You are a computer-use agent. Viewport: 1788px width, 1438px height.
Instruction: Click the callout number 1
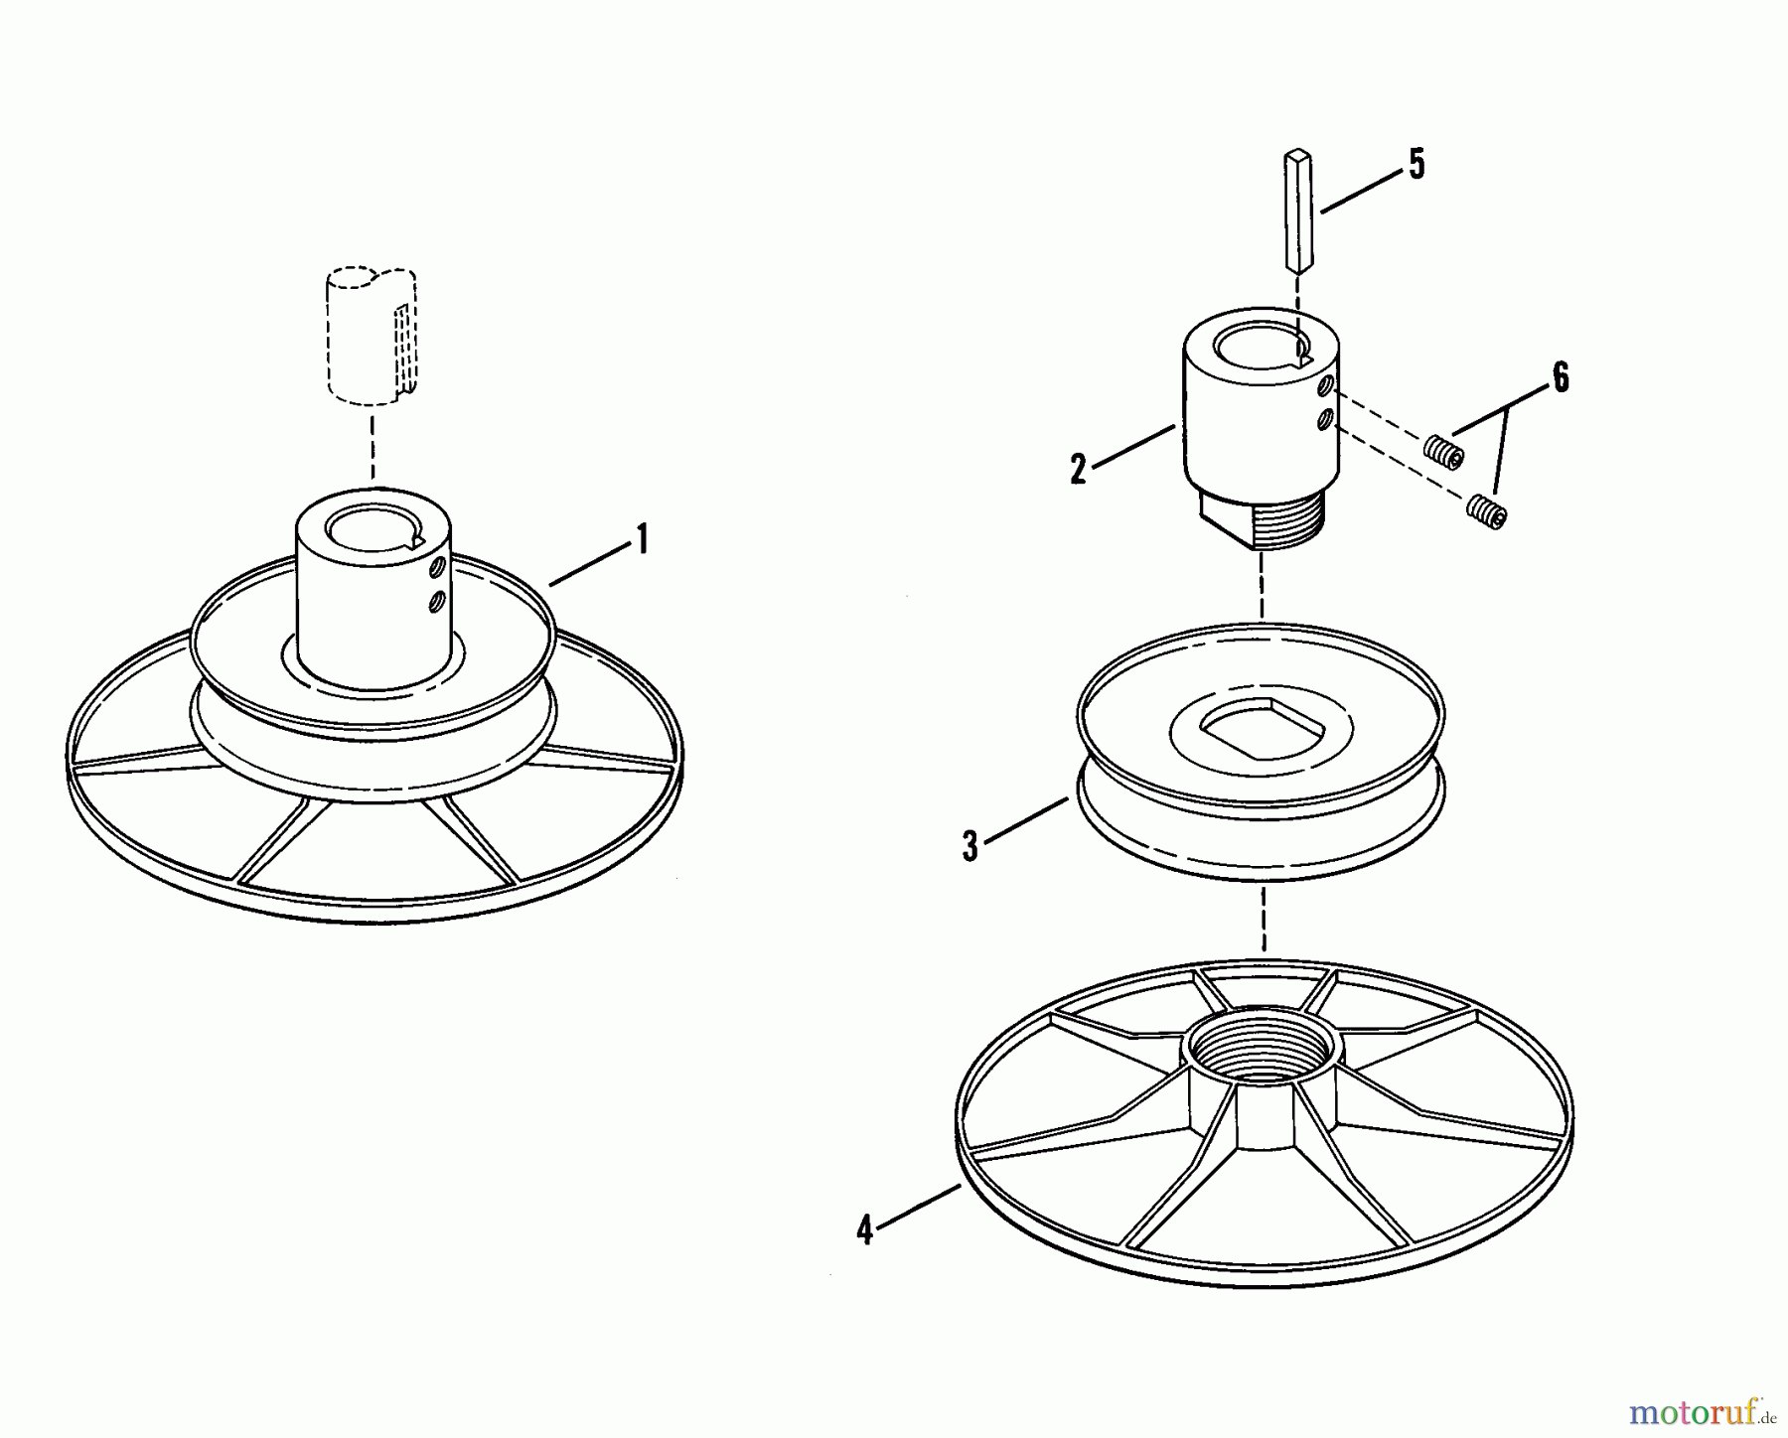click(642, 540)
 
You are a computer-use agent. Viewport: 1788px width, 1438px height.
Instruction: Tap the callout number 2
click(1079, 470)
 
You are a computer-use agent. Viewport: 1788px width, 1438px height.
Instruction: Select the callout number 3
click(970, 846)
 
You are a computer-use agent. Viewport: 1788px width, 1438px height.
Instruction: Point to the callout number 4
click(864, 1231)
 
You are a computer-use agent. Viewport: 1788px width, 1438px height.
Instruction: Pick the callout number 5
click(1416, 165)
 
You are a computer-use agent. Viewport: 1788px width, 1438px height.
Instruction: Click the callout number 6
click(1561, 378)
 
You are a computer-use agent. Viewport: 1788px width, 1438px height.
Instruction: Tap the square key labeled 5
click(1300, 210)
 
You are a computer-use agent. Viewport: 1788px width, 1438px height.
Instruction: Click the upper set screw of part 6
click(1441, 452)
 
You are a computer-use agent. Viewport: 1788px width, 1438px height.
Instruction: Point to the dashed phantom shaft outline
click(371, 335)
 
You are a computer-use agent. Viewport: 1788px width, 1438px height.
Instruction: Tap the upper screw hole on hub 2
click(1323, 385)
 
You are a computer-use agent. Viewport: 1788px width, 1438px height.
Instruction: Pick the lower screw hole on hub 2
click(1323, 420)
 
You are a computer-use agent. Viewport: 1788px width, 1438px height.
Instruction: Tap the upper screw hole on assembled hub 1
click(435, 568)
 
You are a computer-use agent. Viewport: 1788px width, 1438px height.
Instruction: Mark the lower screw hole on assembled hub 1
click(435, 601)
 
